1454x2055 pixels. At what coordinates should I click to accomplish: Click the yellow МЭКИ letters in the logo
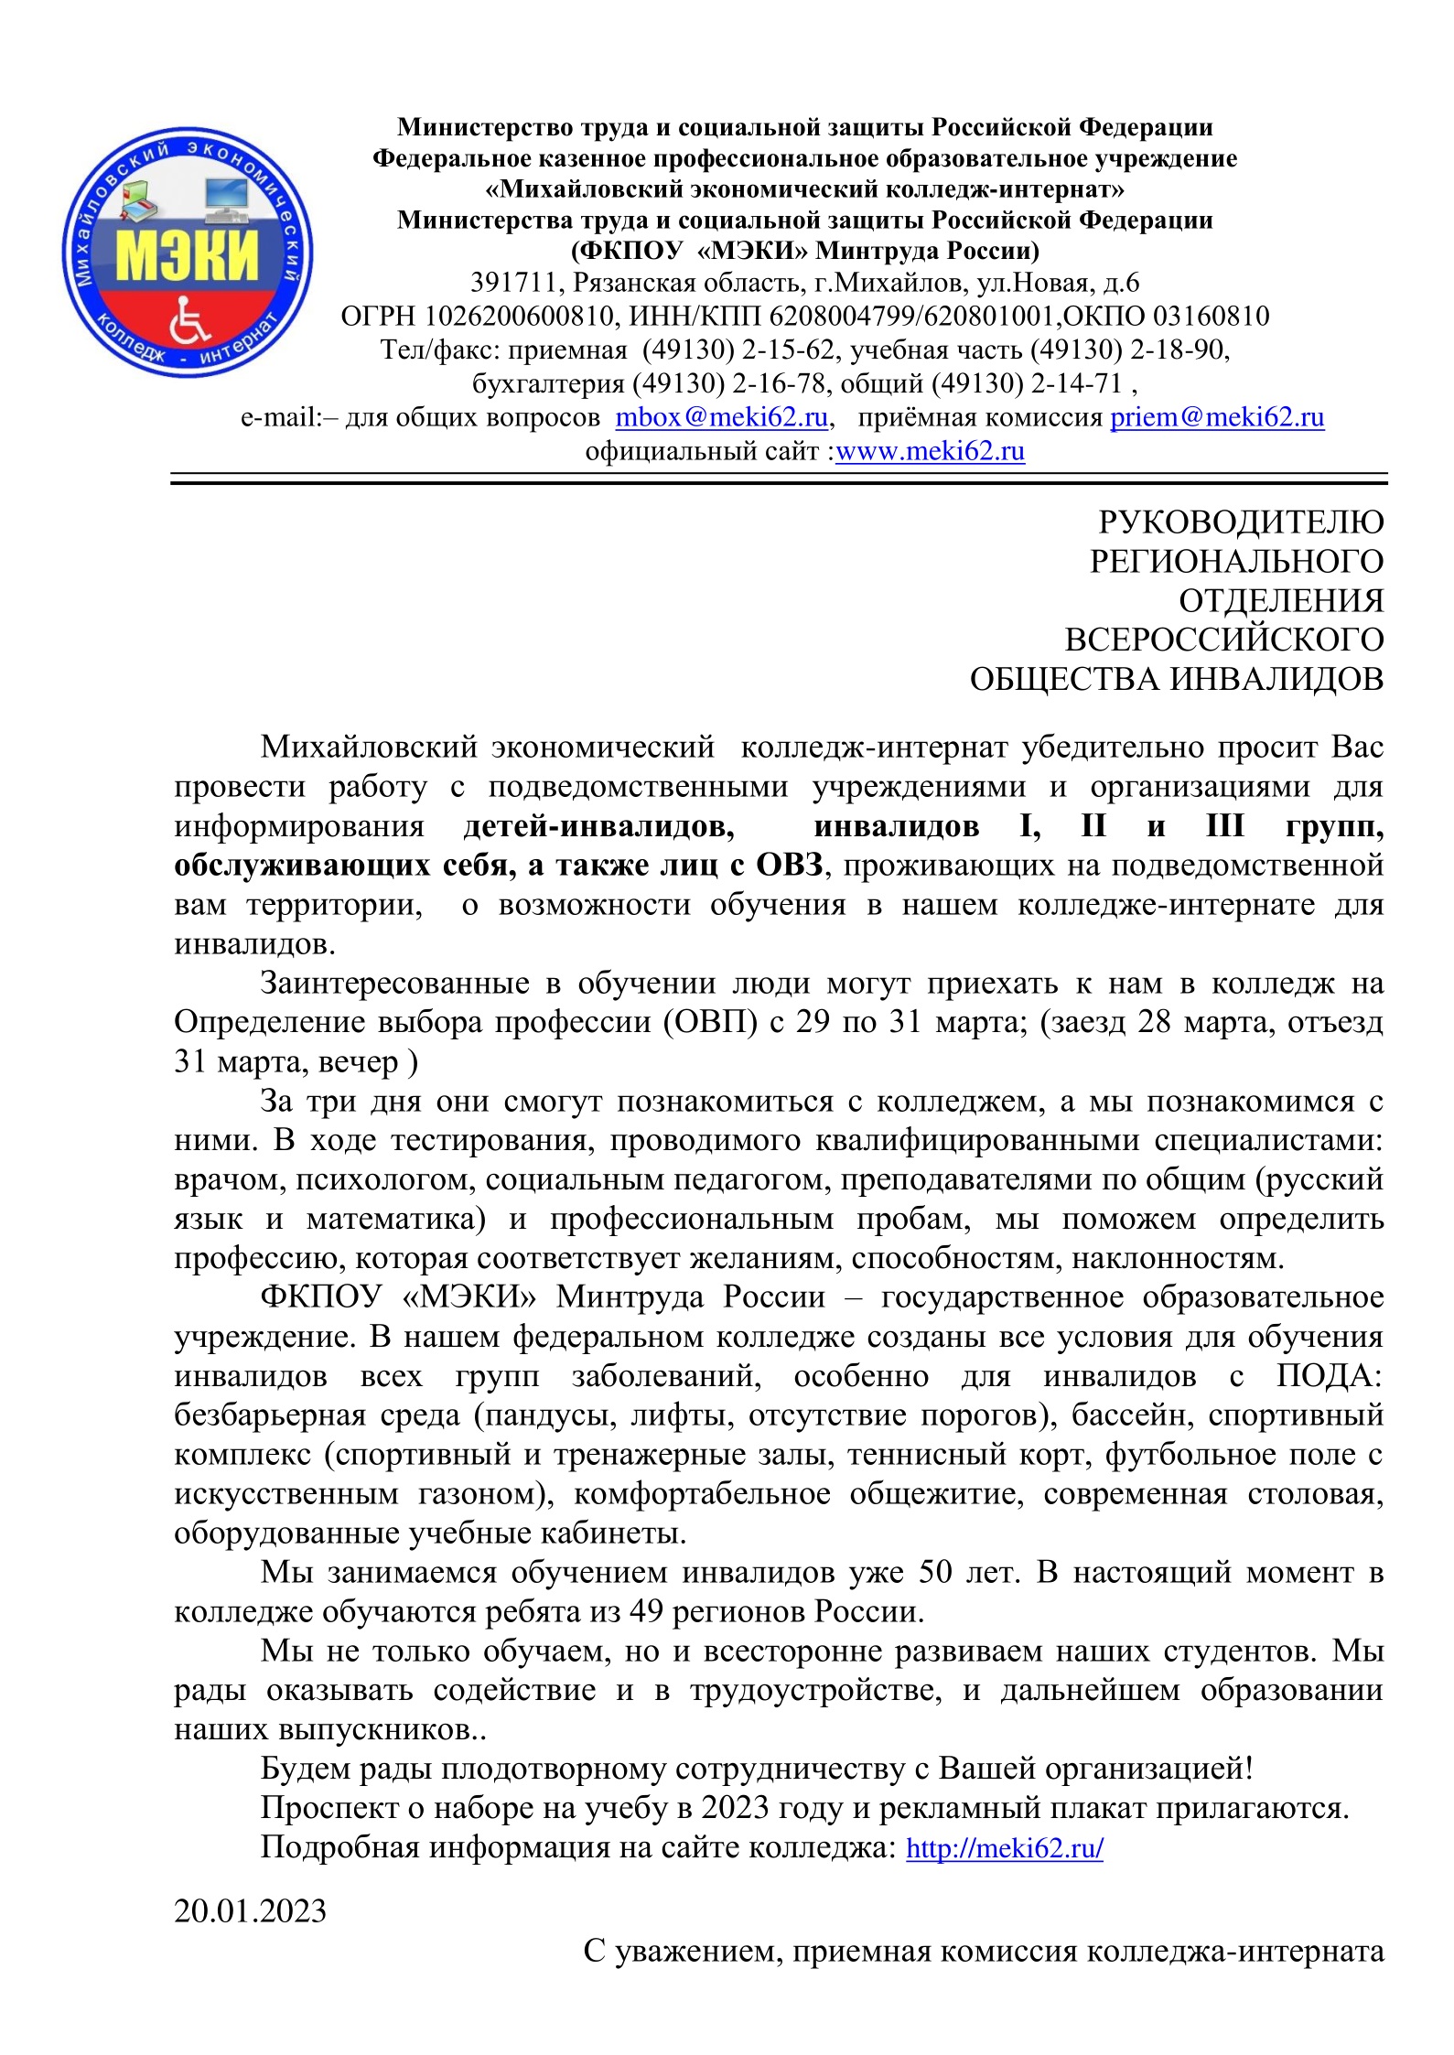tap(188, 253)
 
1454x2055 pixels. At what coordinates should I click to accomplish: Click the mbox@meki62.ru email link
tap(721, 417)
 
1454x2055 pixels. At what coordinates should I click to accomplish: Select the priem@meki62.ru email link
tap(1216, 417)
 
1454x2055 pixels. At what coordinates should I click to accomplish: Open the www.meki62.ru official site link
tap(930, 451)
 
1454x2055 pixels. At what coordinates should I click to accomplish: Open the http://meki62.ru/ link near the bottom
tap(1004, 1848)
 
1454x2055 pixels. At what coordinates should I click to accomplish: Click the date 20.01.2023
tap(250, 1911)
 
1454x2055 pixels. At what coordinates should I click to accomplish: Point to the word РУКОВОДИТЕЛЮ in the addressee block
tap(1240, 522)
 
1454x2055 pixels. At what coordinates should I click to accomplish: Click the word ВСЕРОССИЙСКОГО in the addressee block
tap(1223, 640)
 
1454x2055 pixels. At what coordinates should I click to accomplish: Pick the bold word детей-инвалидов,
tap(598, 826)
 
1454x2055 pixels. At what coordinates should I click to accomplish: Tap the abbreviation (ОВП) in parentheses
tap(709, 1022)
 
